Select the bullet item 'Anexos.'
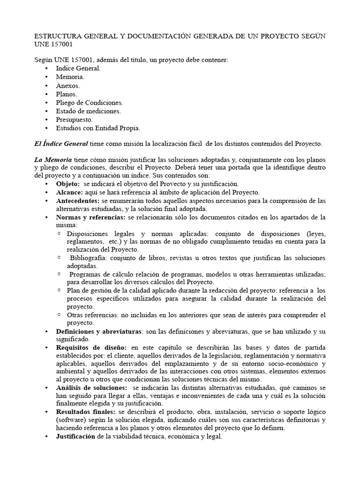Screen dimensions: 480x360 (x=67, y=85)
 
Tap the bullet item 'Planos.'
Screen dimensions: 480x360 (x=67, y=94)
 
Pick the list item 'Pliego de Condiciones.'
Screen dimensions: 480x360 (x=89, y=102)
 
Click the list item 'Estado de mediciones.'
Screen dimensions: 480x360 (x=88, y=111)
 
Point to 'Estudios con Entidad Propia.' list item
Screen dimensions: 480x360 (x=97, y=128)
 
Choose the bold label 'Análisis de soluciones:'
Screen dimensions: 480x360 (x=91, y=388)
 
